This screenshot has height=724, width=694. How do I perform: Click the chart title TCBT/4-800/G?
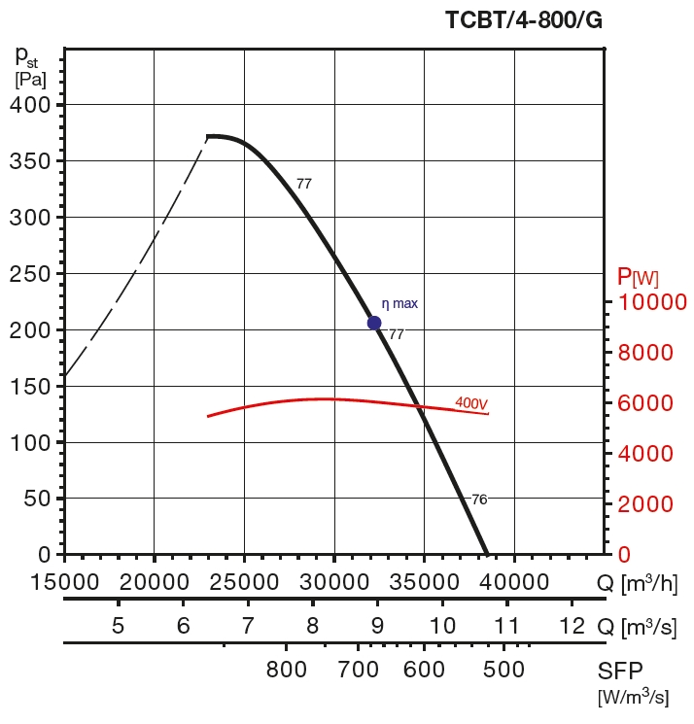point(523,20)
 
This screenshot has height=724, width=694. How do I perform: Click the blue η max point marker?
point(374,323)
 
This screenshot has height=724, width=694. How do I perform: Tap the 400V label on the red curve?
point(471,403)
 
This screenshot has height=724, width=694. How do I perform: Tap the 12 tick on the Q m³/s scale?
point(572,625)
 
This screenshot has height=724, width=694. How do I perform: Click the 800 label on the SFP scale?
point(287,670)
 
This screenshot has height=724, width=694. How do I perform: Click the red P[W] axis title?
point(638,278)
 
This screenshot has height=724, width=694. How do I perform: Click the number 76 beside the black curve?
point(479,500)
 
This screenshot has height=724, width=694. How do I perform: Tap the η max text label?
point(399,304)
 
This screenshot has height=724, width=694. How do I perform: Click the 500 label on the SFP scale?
point(503,670)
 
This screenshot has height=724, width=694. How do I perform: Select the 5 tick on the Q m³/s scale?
point(118,625)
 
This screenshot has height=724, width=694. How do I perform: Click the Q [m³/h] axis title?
point(636,583)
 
